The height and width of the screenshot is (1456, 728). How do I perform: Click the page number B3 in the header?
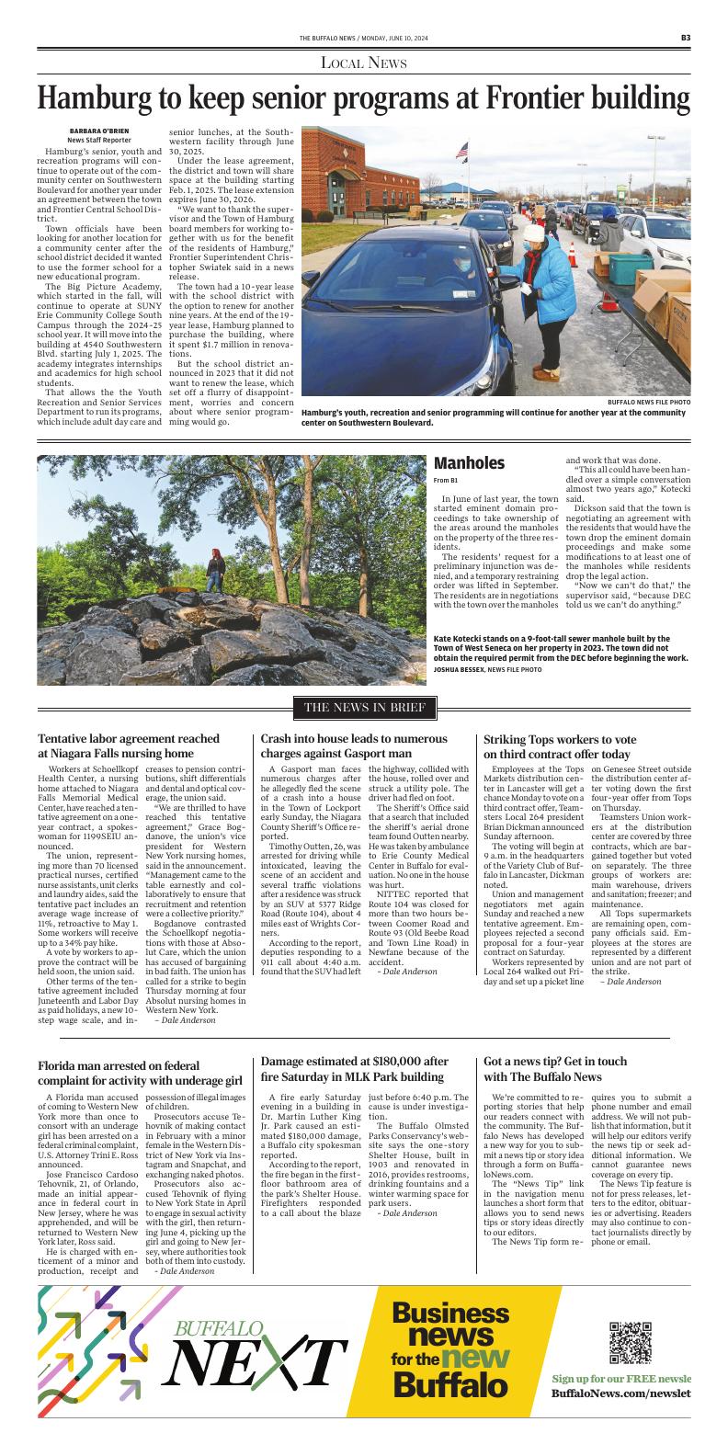tap(686, 38)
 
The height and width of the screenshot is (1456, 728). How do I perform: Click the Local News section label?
tap(363, 63)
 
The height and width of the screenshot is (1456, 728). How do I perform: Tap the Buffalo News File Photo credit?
tap(648, 403)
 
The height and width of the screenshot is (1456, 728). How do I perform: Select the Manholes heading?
tap(469, 463)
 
